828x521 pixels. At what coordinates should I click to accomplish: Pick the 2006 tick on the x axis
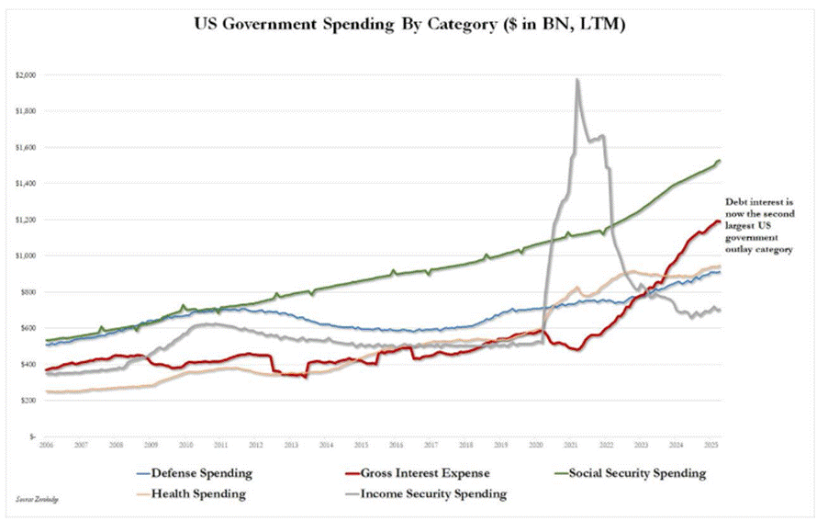coord(45,444)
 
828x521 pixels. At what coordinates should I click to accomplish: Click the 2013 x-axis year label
coord(291,444)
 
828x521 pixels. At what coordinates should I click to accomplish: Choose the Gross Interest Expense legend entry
coord(412,473)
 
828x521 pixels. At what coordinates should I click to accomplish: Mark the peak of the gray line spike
coord(576,80)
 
